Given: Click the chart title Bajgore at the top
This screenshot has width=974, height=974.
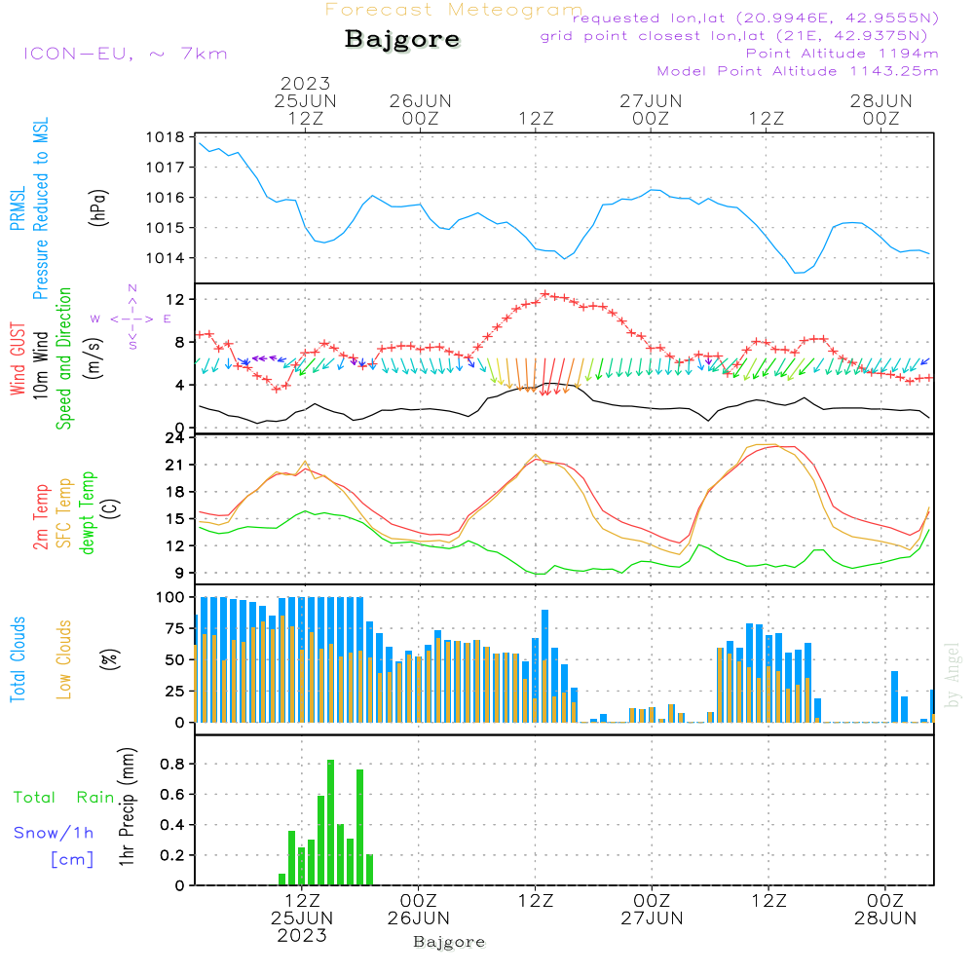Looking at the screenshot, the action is point(402,40).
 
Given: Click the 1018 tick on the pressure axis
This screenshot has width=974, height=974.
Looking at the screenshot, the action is point(166,137).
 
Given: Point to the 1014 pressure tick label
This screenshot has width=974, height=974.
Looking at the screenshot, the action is point(166,258).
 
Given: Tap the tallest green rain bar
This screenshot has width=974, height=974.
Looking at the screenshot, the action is point(330,822).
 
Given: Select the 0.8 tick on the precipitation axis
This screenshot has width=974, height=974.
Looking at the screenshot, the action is point(172,764).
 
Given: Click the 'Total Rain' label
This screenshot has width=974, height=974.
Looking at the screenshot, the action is point(63,797).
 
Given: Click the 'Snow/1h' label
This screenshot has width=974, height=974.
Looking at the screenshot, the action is point(54,833).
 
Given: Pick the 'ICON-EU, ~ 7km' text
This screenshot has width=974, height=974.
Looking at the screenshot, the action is point(126,54).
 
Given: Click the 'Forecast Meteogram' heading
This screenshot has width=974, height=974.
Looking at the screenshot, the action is point(454,10).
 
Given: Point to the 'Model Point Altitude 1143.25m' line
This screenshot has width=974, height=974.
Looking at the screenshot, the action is point(798,71).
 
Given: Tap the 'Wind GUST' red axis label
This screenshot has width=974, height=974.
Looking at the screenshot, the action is point(18,358).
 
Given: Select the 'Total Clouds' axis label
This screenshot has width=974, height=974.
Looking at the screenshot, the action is point(18,659).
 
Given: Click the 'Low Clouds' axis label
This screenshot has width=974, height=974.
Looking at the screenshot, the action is point(64,659).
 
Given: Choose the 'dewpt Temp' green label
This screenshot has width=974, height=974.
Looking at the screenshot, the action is point(87,512).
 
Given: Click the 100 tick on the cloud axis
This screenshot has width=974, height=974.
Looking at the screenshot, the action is point(170,597).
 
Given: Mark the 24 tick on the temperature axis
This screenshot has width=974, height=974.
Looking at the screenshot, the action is point(174,438).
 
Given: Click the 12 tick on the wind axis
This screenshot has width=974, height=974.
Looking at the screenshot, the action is point(175,299).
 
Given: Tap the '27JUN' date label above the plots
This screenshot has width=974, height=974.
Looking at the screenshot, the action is point(651,101).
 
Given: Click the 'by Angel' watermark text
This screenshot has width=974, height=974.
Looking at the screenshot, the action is point(953,675).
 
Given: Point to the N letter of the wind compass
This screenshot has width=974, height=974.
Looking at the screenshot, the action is point(132,288).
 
